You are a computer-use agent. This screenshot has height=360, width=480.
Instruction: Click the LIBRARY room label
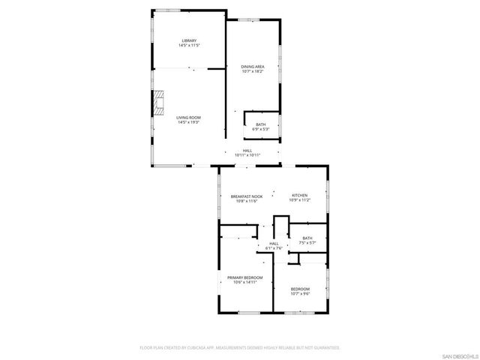pyautogui.click(x=188, y=40)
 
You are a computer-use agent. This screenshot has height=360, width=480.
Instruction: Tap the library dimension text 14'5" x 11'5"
pyautogui.click(x=188, y=46)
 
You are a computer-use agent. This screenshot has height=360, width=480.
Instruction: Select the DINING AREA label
pyautogui.click(x=252, y=67)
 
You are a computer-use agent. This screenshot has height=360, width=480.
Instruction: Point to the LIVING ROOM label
pyautogui.click(x=188, y=118)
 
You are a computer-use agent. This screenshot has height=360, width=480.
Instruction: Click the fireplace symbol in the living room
pyautogui.click(x=157, y=103)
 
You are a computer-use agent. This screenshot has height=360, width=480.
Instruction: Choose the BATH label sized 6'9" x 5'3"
pyautogui.click(x=260, y=124)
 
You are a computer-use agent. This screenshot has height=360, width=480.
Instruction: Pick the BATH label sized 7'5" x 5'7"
pyautogui.click(x=307, y=238)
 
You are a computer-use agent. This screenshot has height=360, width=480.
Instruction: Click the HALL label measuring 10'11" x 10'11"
pyautogui.click(x=247, y=150)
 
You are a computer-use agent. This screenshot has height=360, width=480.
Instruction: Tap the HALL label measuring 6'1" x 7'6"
pyautogui.click(x=273, y=243)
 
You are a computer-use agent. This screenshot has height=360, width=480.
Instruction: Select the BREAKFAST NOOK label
pyautogui.click(x=247, y=196)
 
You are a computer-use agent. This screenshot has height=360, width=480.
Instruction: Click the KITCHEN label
pyautogui.click(x=299, y=196)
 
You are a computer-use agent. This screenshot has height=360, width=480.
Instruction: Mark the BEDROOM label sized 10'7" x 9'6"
pyautogui.click(x=299, y=289)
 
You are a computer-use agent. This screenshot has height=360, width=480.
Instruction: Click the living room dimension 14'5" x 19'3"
pyautogui.click(x=188, y=123)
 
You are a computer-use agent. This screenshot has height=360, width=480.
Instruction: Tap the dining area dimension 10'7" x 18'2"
pyautogui.click(x=252, y=72)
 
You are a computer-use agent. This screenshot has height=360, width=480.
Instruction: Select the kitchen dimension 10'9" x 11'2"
pyautogui.click(x=299, y=200)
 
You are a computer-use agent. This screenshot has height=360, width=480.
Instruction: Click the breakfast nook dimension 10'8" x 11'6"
pyautogui.click(x=247, y=200)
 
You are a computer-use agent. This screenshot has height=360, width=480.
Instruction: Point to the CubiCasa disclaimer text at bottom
pyautogui.click(x=240, y=348)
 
